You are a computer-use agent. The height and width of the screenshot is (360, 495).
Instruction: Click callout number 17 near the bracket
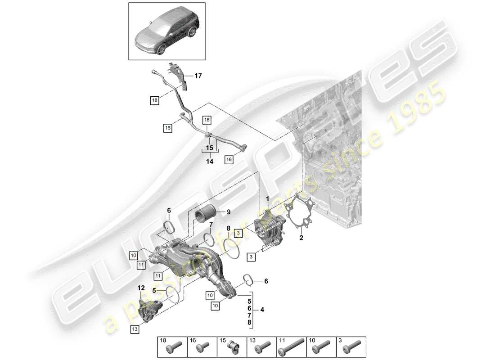coord(198,76)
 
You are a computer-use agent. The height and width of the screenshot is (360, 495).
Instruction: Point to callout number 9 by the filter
coord(228,212)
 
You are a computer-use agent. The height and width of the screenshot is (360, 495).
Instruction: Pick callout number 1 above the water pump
coord(267,198)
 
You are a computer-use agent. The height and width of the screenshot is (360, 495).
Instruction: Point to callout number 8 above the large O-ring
coord(228,228)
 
